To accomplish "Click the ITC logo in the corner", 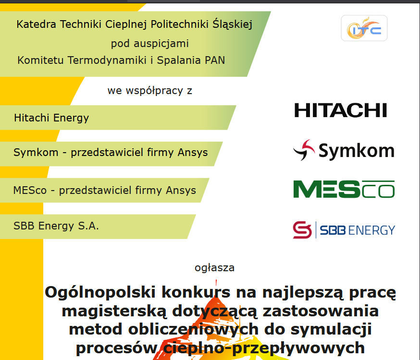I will (x=364, y=28).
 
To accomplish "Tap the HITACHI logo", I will (x=340, y=110).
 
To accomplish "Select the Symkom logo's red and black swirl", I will (x=304, y=150).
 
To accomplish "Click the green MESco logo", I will (x=344, y=189).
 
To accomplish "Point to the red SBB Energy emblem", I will (x=302, y=230).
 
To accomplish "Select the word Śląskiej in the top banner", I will (x=232, y=24).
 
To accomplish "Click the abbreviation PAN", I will (x=214, y=60).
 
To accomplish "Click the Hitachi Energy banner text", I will (x=51, y=118).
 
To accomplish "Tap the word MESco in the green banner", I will (x=30, y=190).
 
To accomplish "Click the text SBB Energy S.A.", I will (x=56, y=226).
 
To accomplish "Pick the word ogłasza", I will (x=215, y=267).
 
